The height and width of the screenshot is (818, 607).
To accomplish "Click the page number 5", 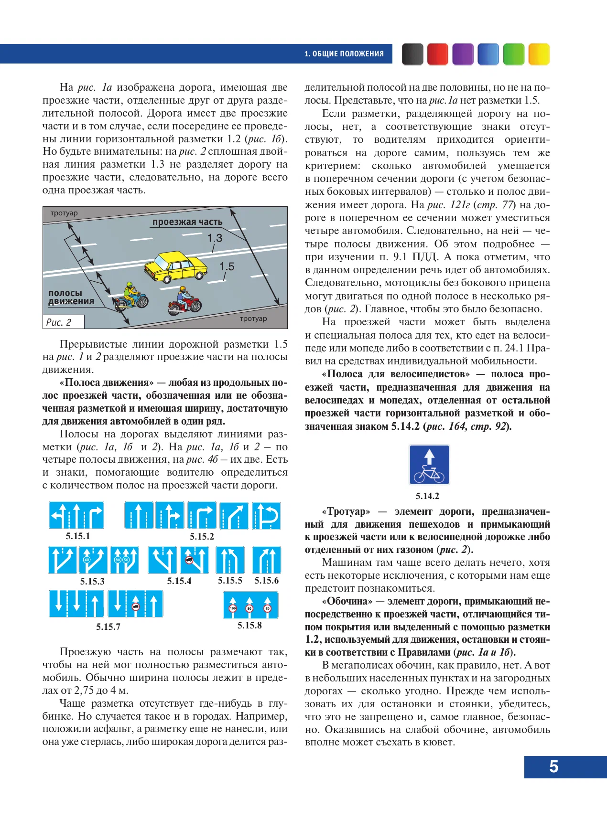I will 553,766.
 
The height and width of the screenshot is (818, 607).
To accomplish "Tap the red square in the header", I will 437,54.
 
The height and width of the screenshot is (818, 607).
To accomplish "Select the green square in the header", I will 514,54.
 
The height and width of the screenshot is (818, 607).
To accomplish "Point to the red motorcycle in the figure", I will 185,302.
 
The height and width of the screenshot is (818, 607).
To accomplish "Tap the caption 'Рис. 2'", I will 59,322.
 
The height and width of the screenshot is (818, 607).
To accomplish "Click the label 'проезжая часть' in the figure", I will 187,222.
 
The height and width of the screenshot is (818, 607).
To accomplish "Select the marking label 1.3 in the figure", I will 215,238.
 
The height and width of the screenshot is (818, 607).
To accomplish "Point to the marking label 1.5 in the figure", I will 227,266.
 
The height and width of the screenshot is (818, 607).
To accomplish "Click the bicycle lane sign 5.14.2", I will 429,465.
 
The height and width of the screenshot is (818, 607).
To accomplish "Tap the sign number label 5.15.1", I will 78,536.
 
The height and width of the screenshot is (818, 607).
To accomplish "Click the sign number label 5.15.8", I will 249,626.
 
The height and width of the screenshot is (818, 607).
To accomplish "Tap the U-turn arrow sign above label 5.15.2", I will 266,516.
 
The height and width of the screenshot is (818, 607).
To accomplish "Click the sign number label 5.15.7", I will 108,627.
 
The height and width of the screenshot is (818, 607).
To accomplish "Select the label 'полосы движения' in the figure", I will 71,297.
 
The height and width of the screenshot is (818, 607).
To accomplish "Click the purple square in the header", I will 463,54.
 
